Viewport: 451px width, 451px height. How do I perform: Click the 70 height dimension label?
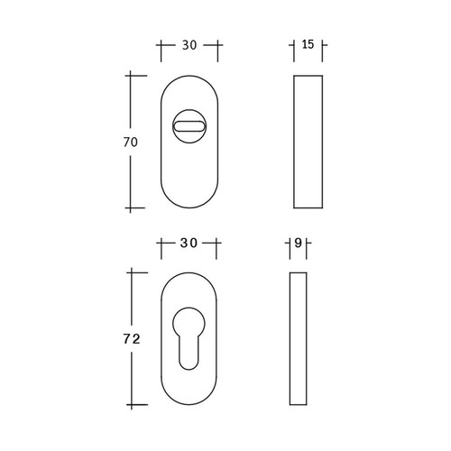pyautogui.click(x=131, y=143)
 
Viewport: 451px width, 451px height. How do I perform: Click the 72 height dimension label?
pyautogui.click(x=132, y=339)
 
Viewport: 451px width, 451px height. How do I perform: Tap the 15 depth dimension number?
pyautogui.click(x=308, y=44)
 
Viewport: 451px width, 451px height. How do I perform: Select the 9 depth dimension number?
pyautogui.click(x=298, y=243)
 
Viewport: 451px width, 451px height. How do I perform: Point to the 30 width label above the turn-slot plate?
pyautogui.click(x=189, y=45)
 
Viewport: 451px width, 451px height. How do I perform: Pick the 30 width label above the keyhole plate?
pyautogui.click(x=189, y=243)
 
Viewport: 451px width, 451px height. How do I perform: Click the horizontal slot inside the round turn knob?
pyautogui.click(x=189, y=126)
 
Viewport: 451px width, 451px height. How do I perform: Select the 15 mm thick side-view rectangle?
pyautogui.click(x=308, y=142)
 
